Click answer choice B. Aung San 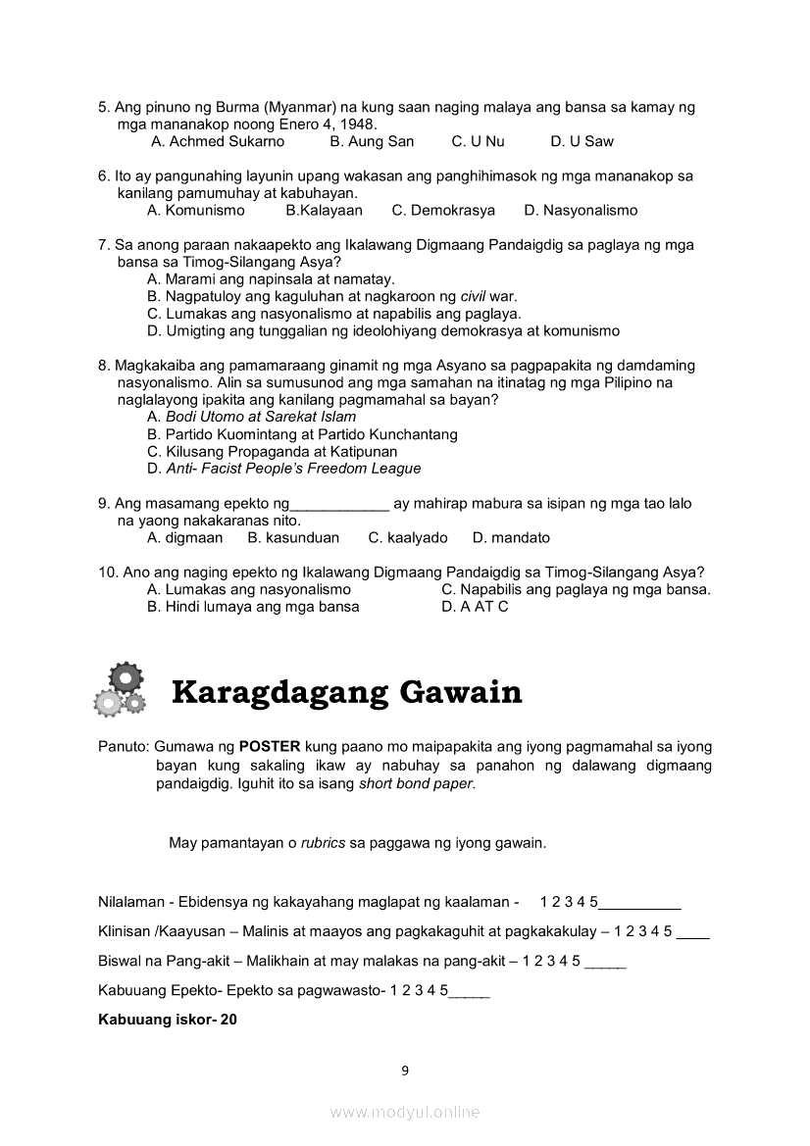click(372, 141)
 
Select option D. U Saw click(582, 141)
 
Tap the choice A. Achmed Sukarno click(218, 141)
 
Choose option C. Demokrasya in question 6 click(443, 210)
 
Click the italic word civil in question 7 click(473, 296)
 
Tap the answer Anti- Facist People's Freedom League click(283, 469)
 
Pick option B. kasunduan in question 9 click(293, 537)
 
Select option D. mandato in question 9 click(511, 537)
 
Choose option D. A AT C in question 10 click(475, 606)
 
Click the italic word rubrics click(323, 842)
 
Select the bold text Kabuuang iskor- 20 click(168, 1020)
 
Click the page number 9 click(405, 1070)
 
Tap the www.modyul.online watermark click(405, 1112)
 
